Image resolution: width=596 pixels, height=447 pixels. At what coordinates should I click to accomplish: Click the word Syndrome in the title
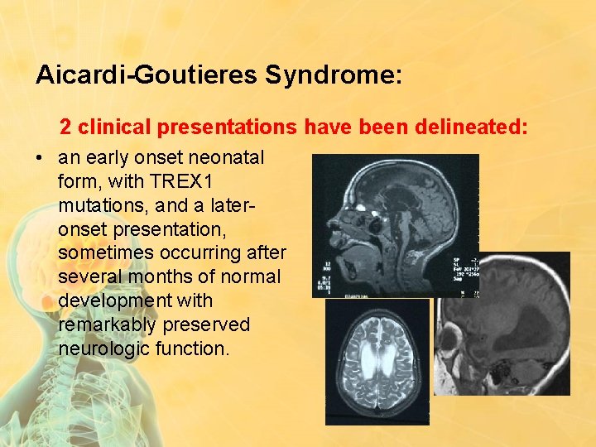coord(334,76)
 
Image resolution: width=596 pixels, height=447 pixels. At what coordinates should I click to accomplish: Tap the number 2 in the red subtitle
coord(65,127)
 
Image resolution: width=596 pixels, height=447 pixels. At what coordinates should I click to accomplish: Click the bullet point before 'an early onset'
coord(41,157)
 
